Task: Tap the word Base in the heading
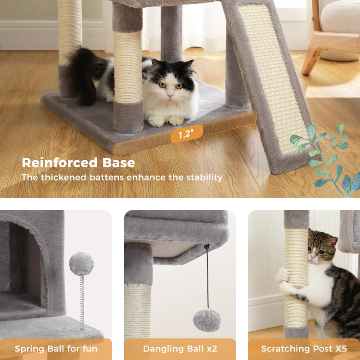(x=118, y=162)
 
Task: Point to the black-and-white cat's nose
(x=170, y=95)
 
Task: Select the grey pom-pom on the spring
(x=81, y=264)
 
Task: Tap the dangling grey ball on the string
(x=207, y=319)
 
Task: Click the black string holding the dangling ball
(x=207, y=279)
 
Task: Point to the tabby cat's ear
(x=331, y=240)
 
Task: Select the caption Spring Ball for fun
(x=56, y=349)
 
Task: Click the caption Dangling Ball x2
(x=180, y=349)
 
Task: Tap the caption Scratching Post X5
(x=303, y=349)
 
